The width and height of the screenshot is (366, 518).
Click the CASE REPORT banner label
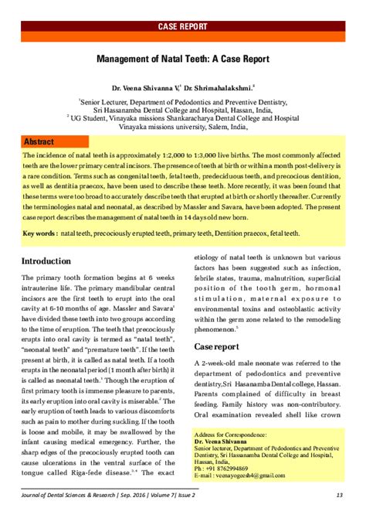pos(182,26)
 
